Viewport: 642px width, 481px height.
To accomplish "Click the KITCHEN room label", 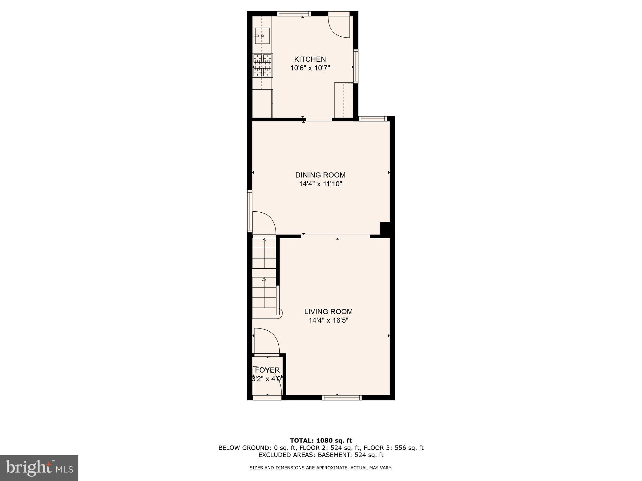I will (x=310, y=59).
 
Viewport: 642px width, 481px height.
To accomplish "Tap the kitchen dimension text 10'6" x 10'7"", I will (x=310, y=68).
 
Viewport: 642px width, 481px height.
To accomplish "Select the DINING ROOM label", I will (x=320, y=175).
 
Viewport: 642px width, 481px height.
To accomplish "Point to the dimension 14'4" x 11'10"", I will (x=320, y=184).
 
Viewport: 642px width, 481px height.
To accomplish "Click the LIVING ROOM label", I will (x=328, y=312).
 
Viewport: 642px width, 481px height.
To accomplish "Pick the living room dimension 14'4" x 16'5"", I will (x=328, y=320).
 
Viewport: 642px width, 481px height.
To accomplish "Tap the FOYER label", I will (x=267, y=370).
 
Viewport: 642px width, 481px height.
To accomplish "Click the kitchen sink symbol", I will (x=262, y=36).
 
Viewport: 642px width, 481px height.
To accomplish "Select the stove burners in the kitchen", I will (x=263, y=65).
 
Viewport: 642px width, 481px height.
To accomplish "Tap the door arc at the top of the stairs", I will (x=264, y=223).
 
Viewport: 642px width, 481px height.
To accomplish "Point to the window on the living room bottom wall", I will (x=342, y=398).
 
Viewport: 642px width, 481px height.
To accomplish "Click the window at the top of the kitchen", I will (x=294, y=13).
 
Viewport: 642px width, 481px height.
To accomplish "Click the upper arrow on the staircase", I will (x=264, y=240).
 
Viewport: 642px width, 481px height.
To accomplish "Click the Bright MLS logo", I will (x=39, y=468).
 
